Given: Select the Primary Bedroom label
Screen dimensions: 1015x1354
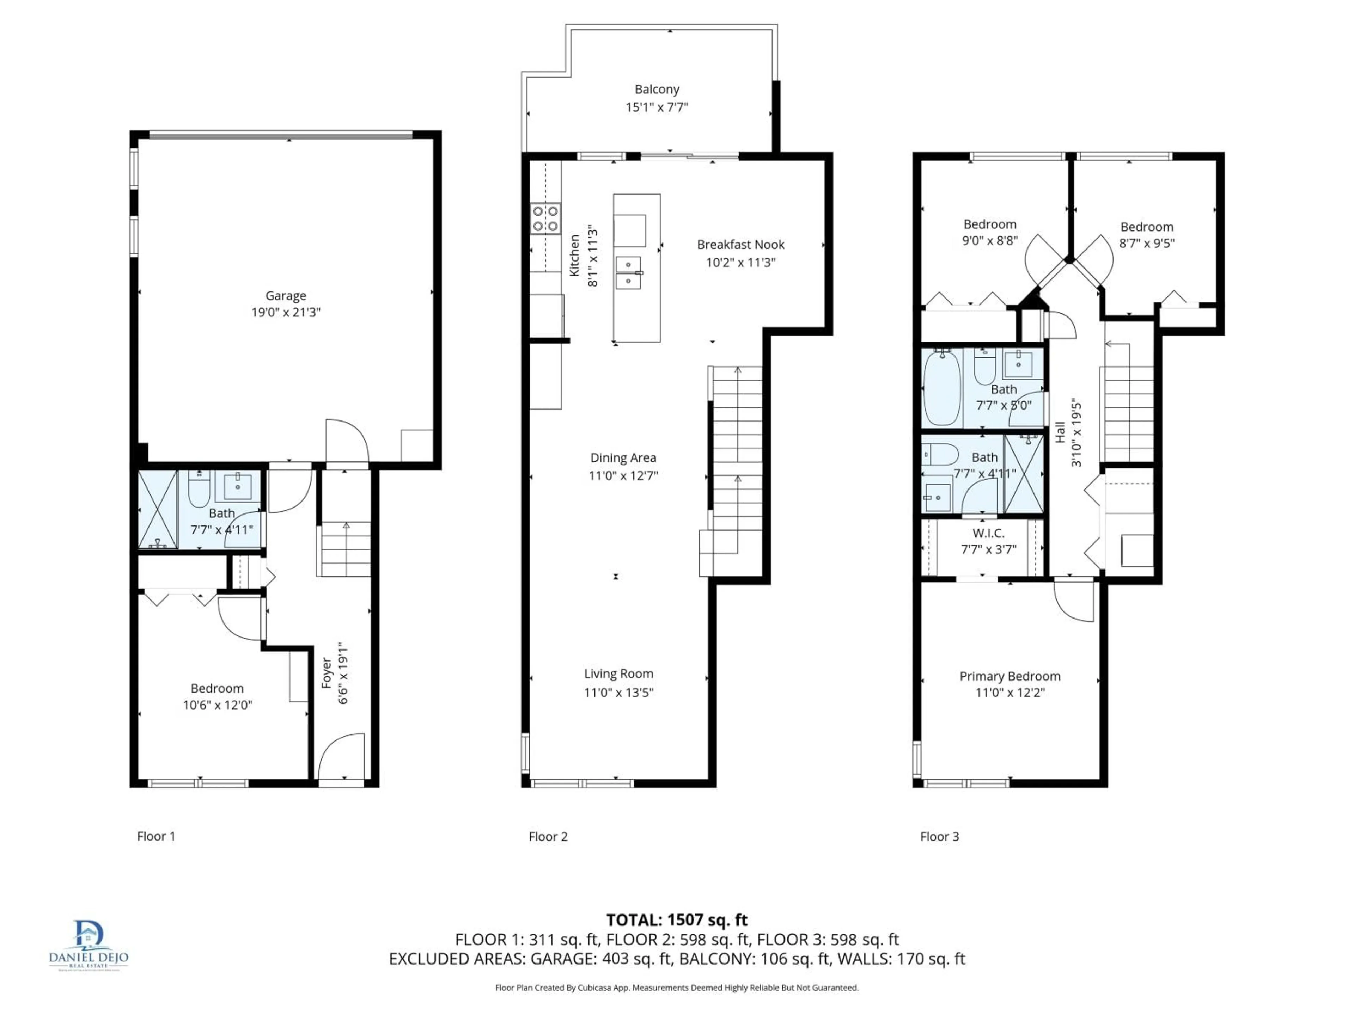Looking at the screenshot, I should tap(1010, 676).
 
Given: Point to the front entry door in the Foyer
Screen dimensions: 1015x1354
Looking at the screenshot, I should tap(341, 757).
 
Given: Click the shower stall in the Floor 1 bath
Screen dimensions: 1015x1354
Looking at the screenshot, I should tap(157, 509).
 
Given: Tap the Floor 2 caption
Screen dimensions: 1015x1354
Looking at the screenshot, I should tap(548, 836).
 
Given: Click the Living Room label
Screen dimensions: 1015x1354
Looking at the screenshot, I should tap(618, 673).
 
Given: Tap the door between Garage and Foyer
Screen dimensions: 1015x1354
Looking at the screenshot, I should tap(347, 442).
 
